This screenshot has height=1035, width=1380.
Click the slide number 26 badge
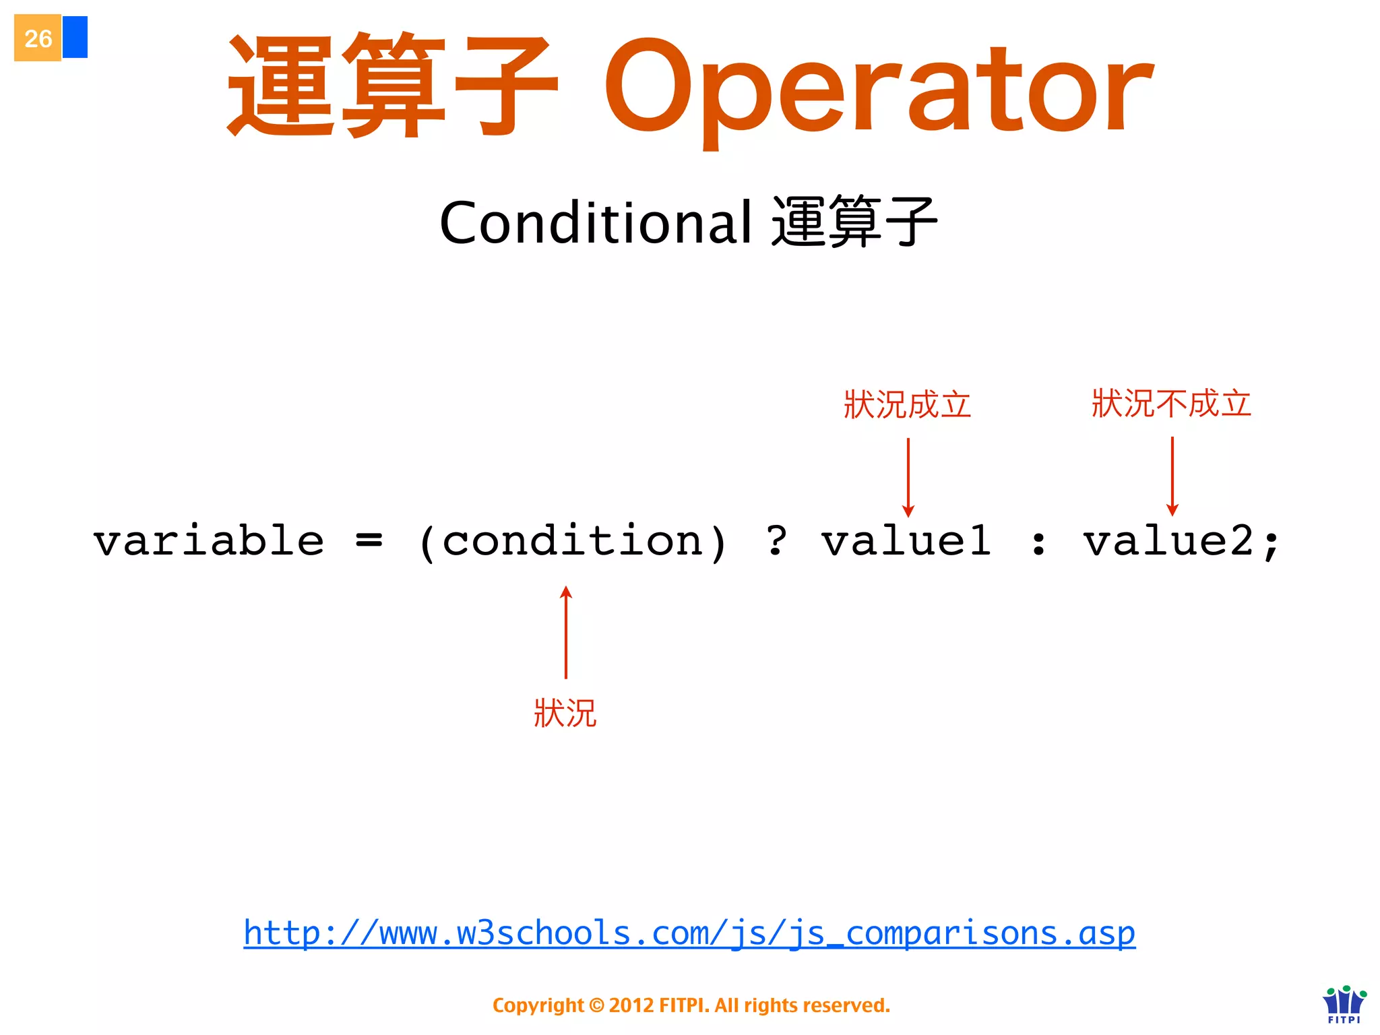pos(38,38)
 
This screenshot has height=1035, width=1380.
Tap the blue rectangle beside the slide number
pos(75,37)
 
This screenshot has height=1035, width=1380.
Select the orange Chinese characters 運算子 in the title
pos(393,86)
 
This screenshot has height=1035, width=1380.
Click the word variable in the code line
pos(209,541)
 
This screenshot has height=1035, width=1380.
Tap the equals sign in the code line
pos(369,540)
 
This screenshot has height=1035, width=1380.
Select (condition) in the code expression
pos(572,542)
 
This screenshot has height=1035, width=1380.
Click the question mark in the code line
pos(776,540)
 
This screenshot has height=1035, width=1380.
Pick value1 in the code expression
pos(906,541)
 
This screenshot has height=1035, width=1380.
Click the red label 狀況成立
pos(907,404)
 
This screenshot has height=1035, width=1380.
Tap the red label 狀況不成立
pos(1171,403)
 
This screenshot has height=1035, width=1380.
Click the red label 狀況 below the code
pos(565,713)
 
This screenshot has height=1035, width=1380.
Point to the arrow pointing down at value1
pos(908,477)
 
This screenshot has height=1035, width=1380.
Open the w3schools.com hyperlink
pos(689,933)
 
